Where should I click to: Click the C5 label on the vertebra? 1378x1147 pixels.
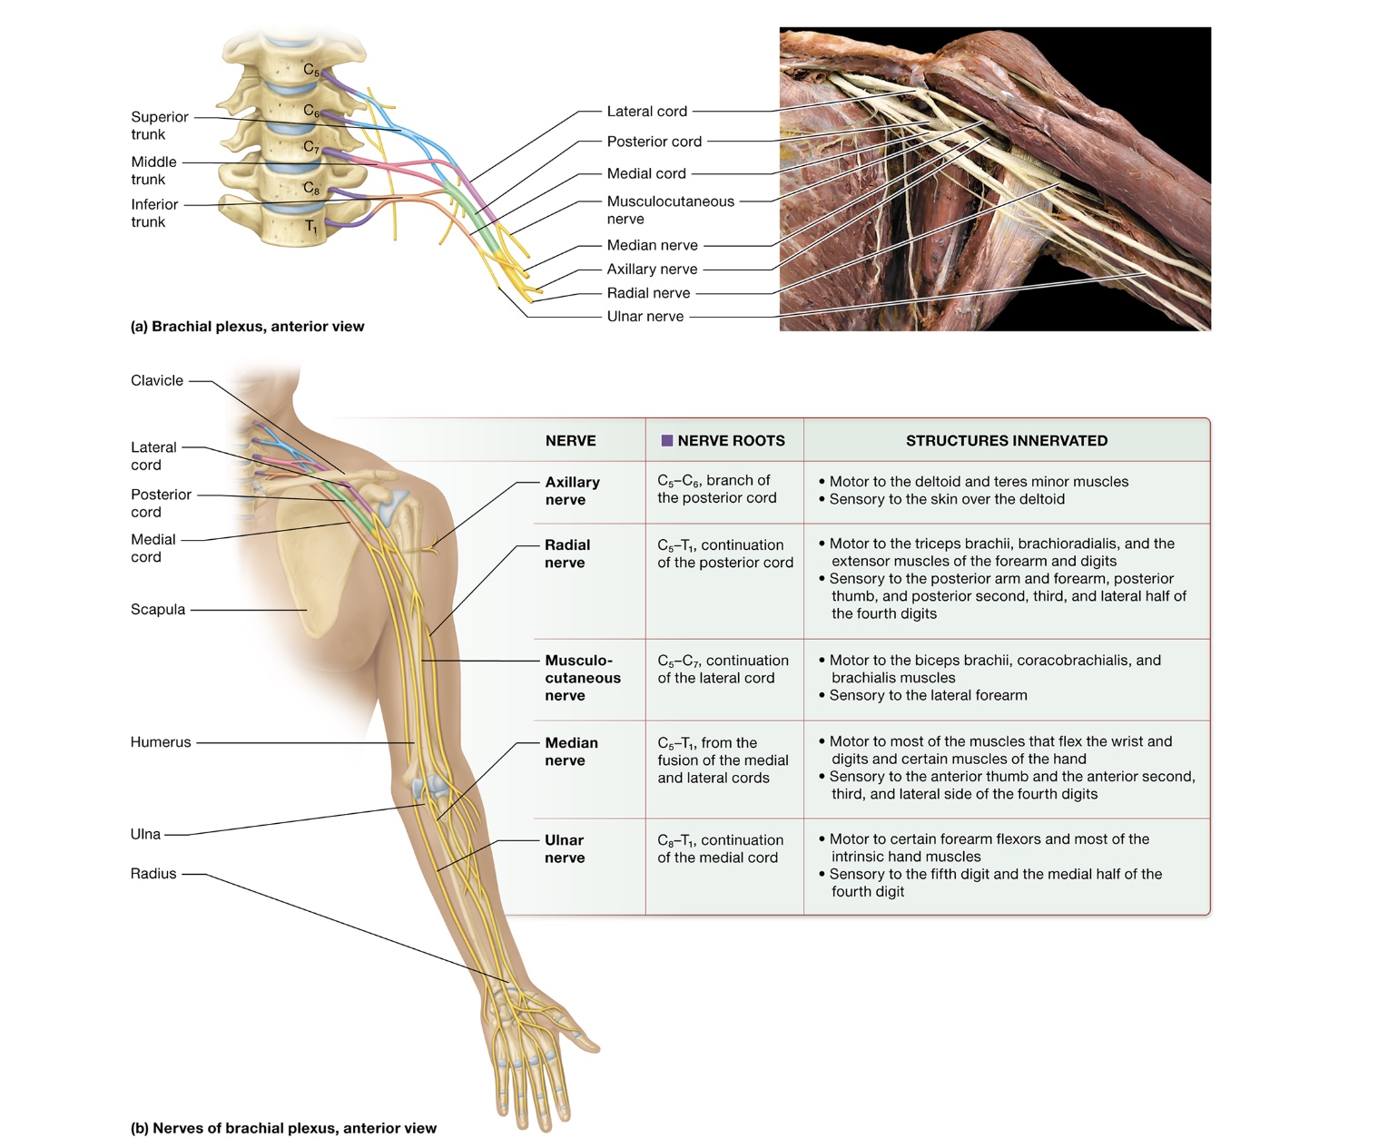click(x=311, y=70)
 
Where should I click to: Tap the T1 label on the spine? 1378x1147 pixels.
click(x=310, y=227)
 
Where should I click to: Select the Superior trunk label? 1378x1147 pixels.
click(x=159, y=125)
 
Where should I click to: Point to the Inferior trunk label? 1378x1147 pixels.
click(x=154, y=213)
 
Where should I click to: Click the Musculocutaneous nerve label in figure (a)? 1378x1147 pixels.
click(x=670, y=210)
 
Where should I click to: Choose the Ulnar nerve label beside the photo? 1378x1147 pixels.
click(x=645, y=317)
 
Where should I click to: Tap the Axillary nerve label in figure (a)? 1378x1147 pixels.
click(x=652, y=270)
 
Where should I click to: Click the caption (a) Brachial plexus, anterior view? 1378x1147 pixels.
click(x=247, y=327)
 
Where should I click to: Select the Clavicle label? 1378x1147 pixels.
click(x=157, y=381)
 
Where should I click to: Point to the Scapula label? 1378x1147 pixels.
click(x=158, y=610)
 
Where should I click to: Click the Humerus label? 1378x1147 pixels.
click(x=161, y=742)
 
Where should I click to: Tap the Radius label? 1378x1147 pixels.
click(x=153, y=874)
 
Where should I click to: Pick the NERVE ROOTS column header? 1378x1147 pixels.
click(x=731, y=441)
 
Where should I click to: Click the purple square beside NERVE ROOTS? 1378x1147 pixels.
click(x=667, y=441)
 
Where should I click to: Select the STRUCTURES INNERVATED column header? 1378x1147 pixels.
click(x=1006, y=441)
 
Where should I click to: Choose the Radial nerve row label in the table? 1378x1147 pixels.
click(x=566, y=554)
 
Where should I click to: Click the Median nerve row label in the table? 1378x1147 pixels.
click(x=571, y=751)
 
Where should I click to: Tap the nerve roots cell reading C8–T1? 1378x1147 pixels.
click(x=720, y=848)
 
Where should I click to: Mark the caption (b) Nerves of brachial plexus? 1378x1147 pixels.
click(x=283, y=1129)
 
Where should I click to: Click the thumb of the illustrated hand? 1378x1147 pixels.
click(x=585, y=1042)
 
